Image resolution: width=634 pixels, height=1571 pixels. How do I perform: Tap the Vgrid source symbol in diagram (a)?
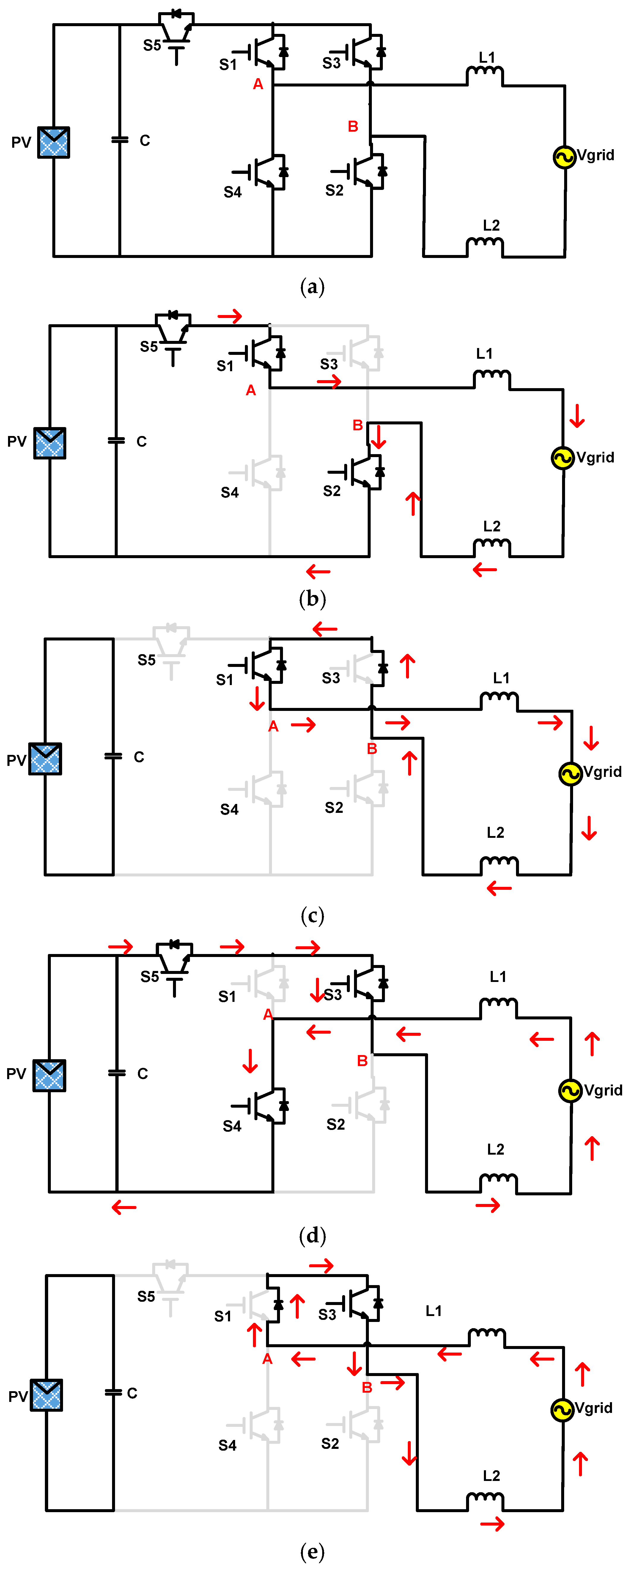click(564, 157)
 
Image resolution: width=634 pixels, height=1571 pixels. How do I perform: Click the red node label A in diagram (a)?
click(258, 84)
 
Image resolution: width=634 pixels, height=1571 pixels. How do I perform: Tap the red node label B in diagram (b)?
click(358, 425)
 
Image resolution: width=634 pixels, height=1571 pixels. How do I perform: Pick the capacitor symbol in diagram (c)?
click(114, 756)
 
